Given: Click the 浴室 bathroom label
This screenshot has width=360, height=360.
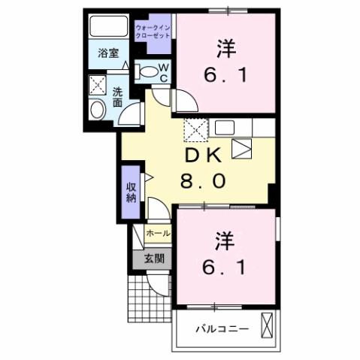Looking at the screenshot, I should (108, 53).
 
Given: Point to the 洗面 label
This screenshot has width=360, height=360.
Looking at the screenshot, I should (118, 98).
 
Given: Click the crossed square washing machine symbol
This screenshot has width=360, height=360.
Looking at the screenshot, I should (97, 85).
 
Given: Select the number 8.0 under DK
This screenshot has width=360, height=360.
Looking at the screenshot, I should (201, 181).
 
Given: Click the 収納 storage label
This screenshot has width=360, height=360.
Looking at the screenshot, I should (131, 192).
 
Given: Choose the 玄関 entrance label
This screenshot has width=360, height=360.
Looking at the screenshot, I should (153, 260).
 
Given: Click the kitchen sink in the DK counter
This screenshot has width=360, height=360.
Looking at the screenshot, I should (244, 148).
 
